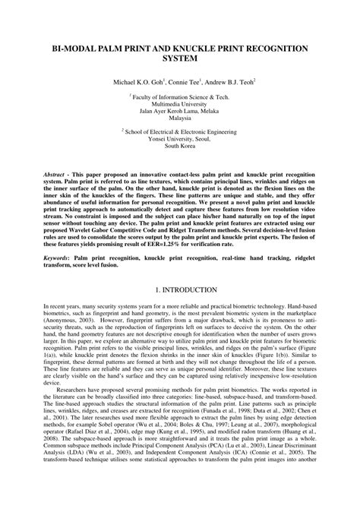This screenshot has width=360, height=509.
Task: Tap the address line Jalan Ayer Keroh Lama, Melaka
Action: [x=180, y=116]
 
